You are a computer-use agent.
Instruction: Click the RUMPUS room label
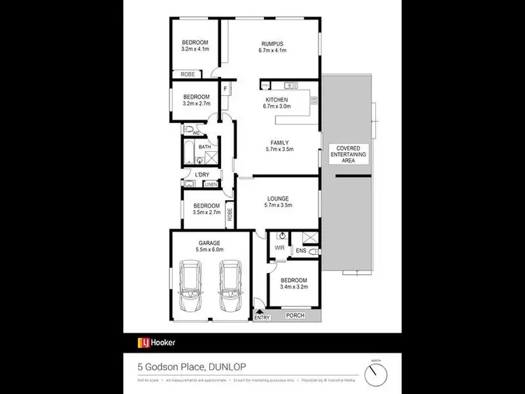[x=272, y=43]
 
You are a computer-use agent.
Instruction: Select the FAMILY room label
[x=279, y=142]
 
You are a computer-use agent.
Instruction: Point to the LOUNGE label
[x=279, y=198]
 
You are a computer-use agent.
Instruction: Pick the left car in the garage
[x=190, y=286]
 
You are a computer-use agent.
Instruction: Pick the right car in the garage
[x=230, y=286]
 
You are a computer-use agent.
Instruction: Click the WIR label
[x=278, y=247]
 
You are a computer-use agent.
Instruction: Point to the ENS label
[x=301, y=250]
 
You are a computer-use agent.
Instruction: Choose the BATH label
[x=204, y=147]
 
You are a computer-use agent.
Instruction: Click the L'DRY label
[x=202, y=174]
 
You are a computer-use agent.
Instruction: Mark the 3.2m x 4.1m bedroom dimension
[x=195, y=50]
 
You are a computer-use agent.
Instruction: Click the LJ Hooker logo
[x=156, y=342]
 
